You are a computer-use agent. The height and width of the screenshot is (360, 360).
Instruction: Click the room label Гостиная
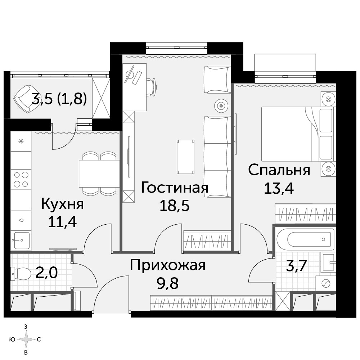[x=175, y=187]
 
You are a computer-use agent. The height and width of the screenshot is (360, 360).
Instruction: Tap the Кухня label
[x=62, y=204]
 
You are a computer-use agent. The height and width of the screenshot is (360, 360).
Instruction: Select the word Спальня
[x=279, y=170]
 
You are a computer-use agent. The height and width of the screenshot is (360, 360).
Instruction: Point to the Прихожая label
[x=168, y=265]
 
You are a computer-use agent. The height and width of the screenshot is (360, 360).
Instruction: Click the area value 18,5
[x=175, y=205]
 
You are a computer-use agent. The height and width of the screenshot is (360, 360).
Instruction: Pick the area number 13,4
[x=279, y=188]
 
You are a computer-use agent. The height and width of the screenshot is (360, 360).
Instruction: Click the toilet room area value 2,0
[x=46, y=273]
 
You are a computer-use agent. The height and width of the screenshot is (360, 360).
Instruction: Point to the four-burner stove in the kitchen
[x=21, y=180]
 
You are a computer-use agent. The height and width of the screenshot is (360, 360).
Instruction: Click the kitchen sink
[x=22, y=240]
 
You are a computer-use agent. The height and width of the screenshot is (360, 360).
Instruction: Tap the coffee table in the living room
[x=185, y=157]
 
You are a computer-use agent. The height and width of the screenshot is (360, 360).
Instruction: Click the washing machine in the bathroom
[x=326, y=284]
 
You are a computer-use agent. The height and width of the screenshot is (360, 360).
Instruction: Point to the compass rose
[x=26, y=339]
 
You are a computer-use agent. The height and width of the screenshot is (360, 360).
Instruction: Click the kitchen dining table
[x=99, y=174]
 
